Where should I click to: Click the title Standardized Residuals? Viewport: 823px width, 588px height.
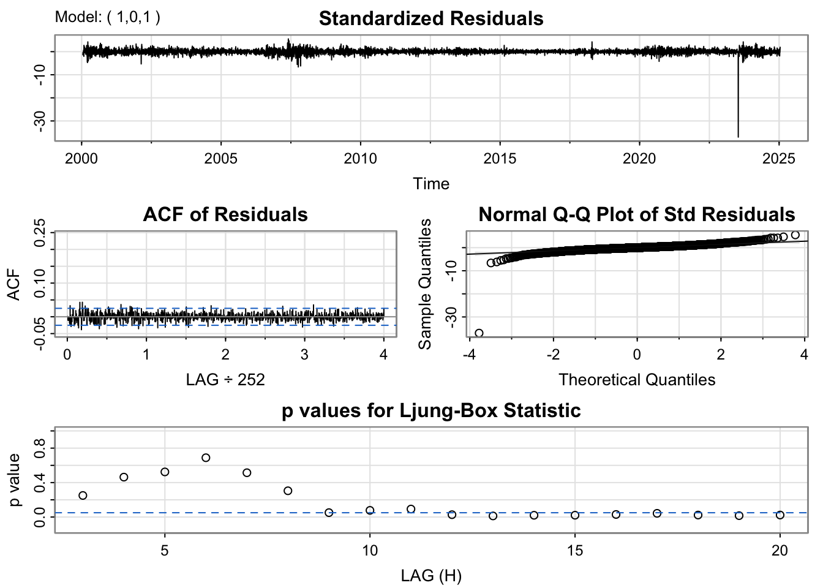coord(430,18)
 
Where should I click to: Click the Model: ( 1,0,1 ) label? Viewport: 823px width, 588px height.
coord(108,17)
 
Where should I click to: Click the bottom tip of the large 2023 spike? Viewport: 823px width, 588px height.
coord(738,137)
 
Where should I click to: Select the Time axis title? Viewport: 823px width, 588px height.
coord(430,184)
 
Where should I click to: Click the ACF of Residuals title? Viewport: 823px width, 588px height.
coord(225,214)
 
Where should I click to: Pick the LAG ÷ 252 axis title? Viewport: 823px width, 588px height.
coord(225,380)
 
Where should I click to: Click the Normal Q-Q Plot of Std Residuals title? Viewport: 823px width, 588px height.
coord(636,214)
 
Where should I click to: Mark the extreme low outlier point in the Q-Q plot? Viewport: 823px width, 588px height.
coord(479,333)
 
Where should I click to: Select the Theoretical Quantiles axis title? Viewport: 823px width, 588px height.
coord(636,380)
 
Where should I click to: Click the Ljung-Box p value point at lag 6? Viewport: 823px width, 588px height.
coord(206,458)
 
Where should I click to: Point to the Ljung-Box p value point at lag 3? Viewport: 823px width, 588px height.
coord(83,496)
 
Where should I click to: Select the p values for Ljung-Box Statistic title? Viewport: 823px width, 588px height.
coord(430,410)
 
